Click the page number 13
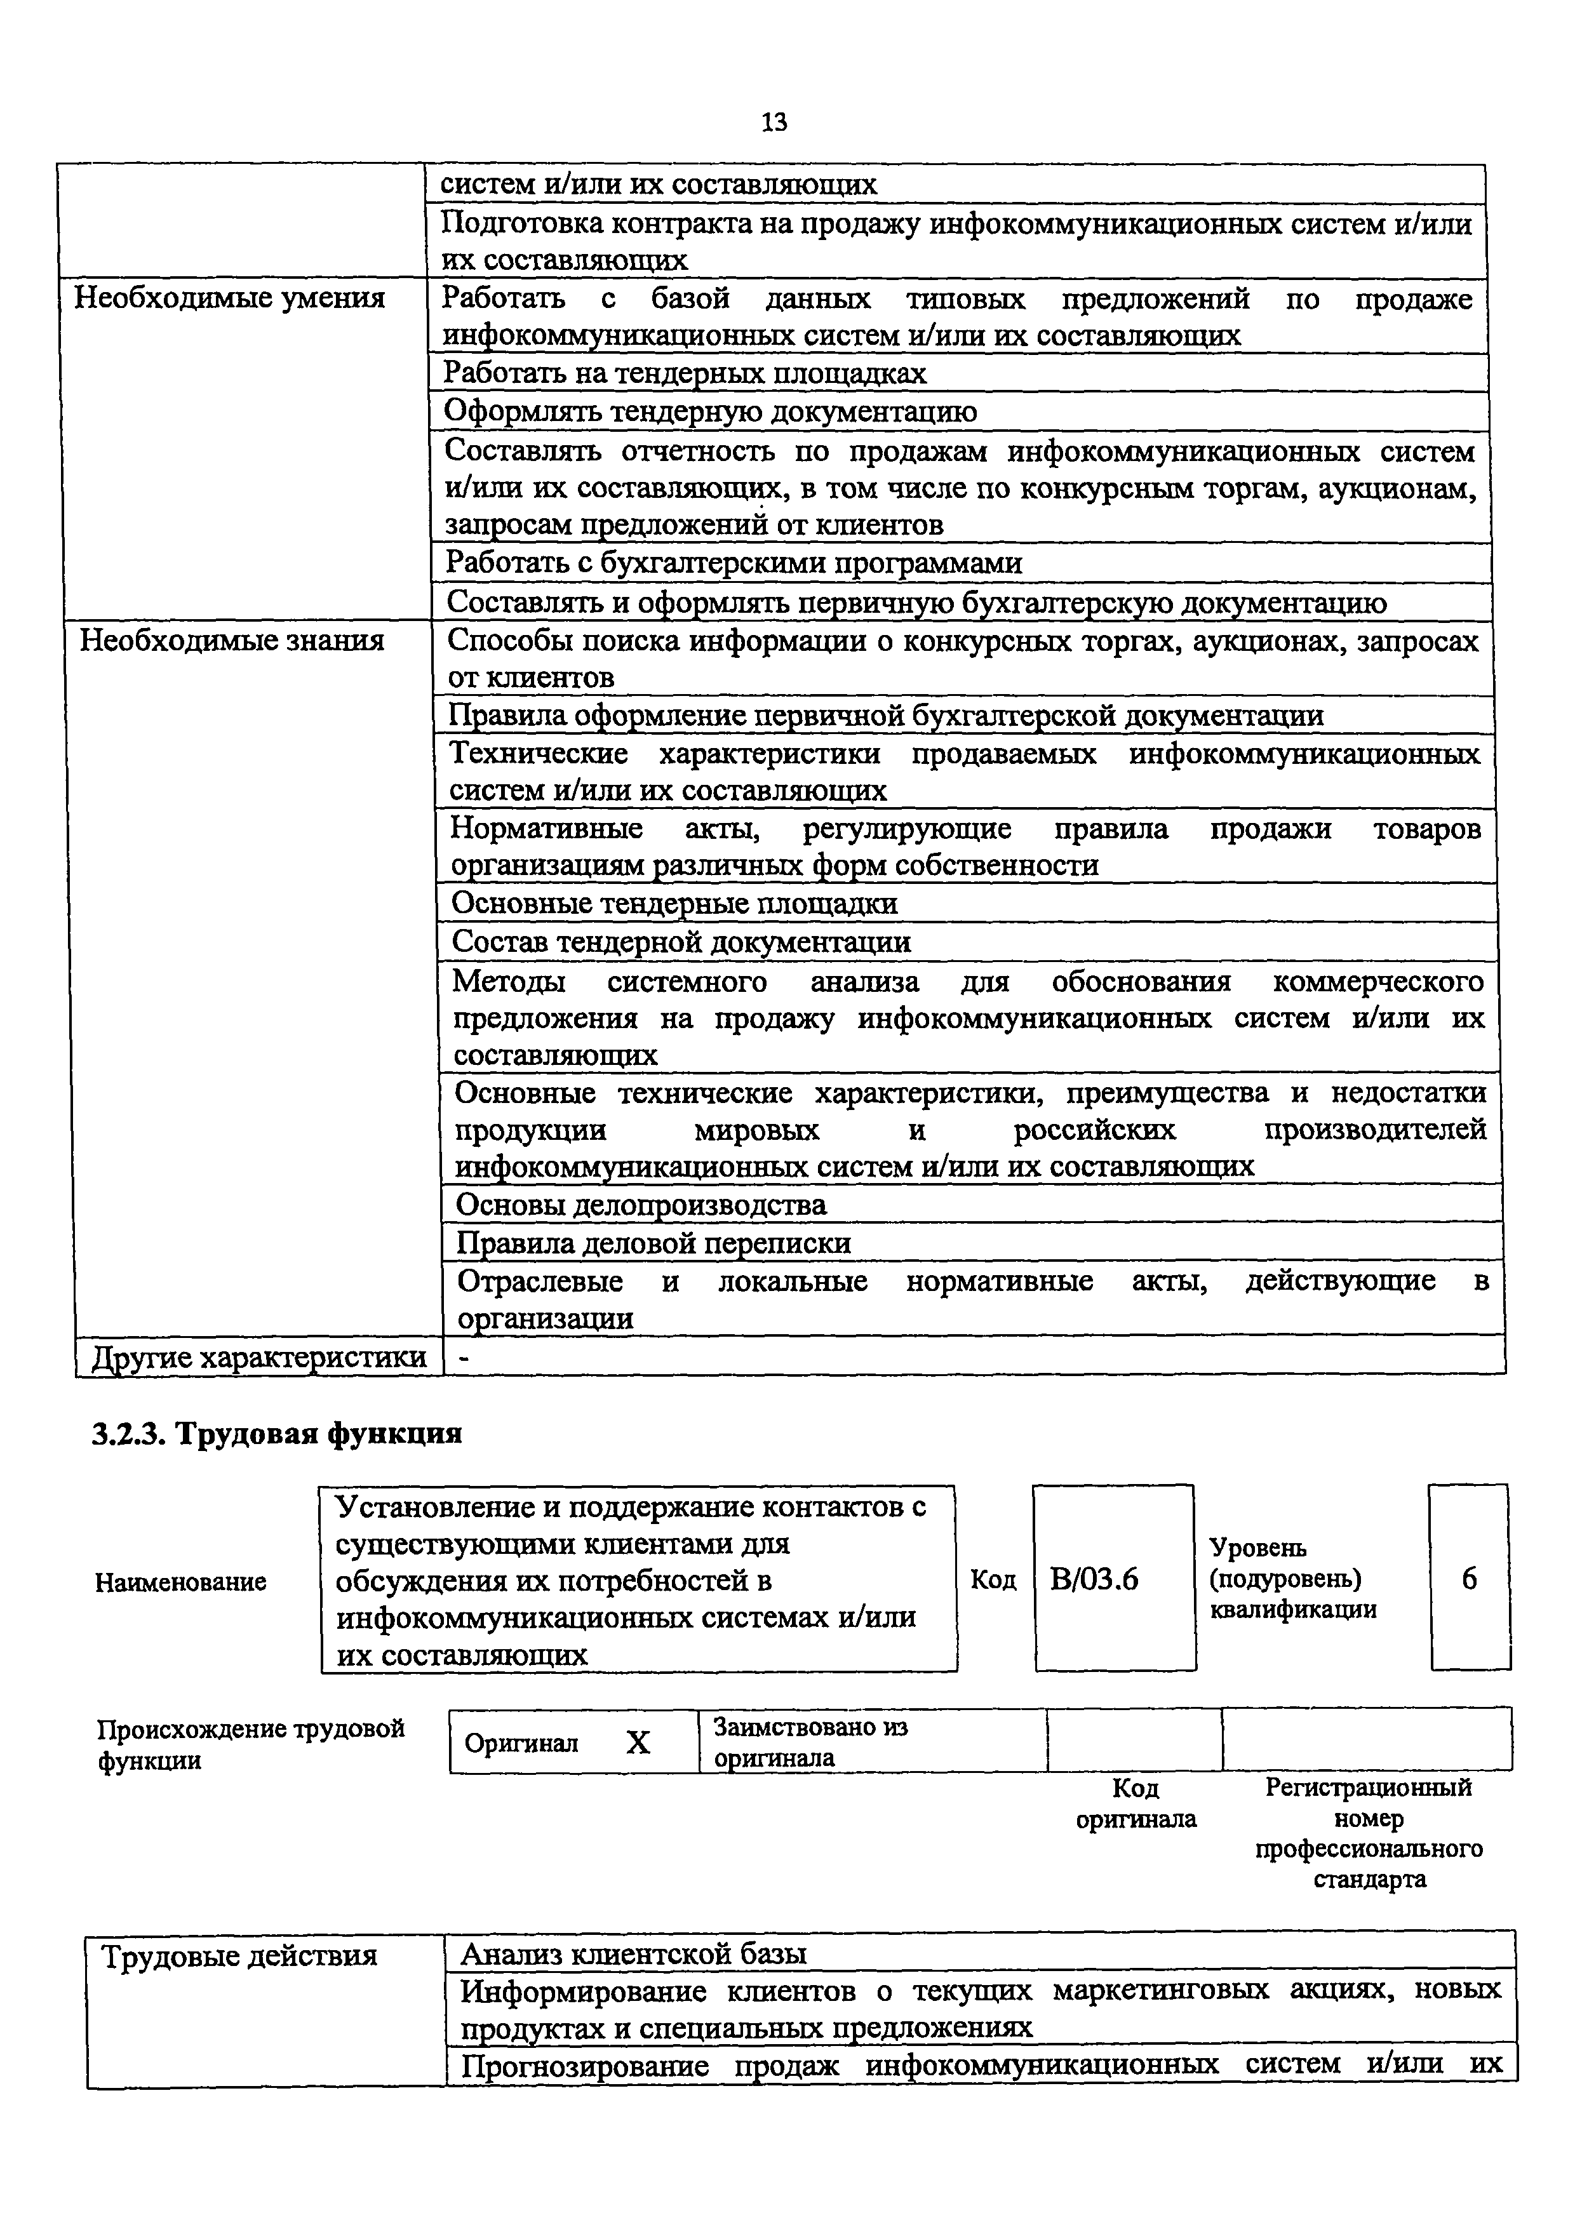pos(774,122)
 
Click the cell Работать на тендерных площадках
pos(685,373)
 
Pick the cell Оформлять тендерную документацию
pos(710,412)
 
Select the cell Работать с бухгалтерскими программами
pos(733,563)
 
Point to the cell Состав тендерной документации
pos(682,942)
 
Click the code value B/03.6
pos(1095,1580)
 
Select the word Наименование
pos(180,1582)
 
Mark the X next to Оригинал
pos(638,1743)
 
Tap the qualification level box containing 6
pos(1470,1579)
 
